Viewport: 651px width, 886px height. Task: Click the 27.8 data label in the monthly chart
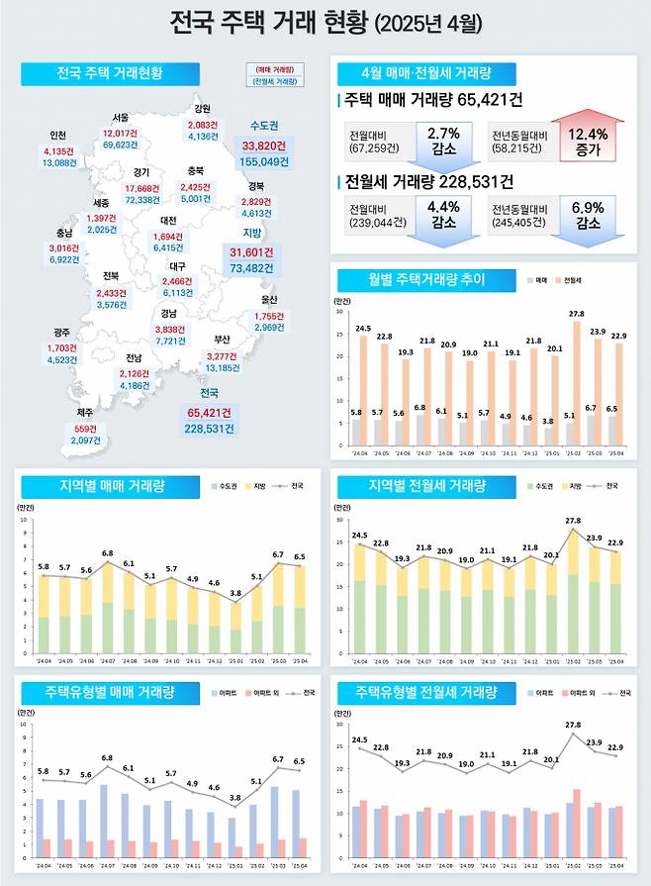pyautogui.click(x=577, y=314)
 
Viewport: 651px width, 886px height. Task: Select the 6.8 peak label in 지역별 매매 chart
pyautogui.click(x=107, y=553)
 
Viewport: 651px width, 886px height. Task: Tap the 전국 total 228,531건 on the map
pyautogui.click(x=209, y=429)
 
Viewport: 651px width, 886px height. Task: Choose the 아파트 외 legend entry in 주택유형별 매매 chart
pyautogui.click(x=262, y=693)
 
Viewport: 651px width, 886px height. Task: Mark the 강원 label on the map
pyautogui.click(x=202, y=109)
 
